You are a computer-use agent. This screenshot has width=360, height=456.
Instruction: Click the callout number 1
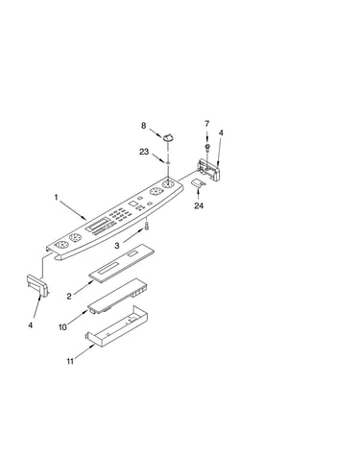(x=57, y=198)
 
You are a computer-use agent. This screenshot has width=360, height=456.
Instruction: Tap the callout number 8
(x=143, y=126)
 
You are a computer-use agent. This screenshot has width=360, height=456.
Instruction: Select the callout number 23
(x=144, y=152)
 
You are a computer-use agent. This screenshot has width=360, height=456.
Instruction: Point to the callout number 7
(x=207, y=124)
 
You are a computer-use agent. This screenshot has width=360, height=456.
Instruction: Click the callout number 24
(x=199, y=205)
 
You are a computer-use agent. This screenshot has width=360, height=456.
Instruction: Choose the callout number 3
(x=117, y=246)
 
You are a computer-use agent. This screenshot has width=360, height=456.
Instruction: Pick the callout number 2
(x=69, y=297)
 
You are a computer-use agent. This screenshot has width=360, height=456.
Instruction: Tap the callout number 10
(x=62, y=327)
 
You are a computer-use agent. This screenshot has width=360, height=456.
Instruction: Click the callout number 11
(x=70, y=361)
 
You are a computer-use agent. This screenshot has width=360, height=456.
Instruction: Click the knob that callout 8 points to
(x=169, y=137)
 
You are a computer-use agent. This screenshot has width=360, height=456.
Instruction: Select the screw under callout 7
(x=207, y=148)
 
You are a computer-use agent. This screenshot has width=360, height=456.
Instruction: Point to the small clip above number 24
(x=198, y=183)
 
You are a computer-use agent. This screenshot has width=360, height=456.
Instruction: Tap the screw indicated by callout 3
(x=147, y=226)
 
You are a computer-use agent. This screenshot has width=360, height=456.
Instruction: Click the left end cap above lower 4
(x=37, y=284)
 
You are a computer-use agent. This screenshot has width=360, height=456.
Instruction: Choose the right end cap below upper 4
(x=208, y=170)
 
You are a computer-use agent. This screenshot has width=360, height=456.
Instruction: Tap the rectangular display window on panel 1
(x=97, y=224)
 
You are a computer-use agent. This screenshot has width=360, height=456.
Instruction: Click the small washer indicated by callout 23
(x=167, y=163)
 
